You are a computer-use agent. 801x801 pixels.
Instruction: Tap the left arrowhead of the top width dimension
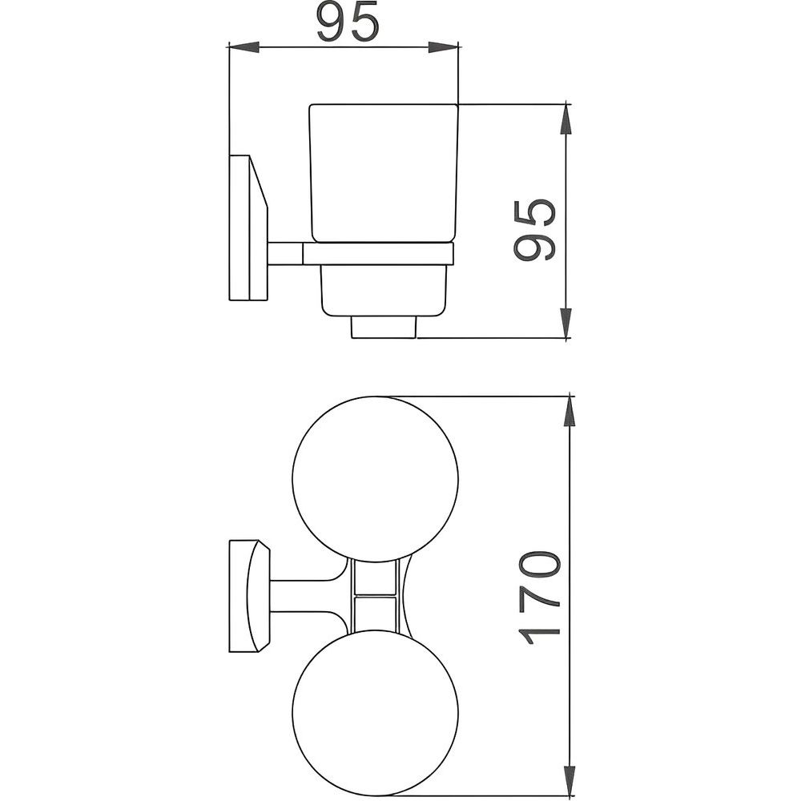tap(244, 47)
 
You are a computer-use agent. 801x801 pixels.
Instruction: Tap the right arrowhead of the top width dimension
tap(444, 47)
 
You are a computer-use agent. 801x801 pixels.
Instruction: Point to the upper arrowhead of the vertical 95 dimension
tap(566, 119)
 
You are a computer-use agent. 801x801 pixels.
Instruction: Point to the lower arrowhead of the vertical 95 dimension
tap(566, 322)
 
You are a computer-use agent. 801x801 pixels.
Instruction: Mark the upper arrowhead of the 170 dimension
tap(569, 412)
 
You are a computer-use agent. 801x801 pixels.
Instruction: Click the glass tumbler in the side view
tap(384, 173)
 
